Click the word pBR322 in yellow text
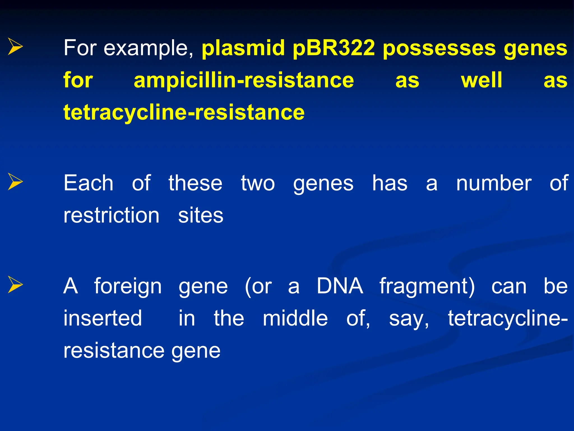click(x=334, y=48)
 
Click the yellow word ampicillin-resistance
click(x=244, y=80)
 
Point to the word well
click(x=482, y=80)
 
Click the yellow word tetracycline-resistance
click(x=184, y=112)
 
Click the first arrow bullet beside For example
click(x=15, y=47)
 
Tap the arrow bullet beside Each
click(x=15, y=182)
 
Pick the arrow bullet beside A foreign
click(x=15, y=285)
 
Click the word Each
click(x=88, y=183)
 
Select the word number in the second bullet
click(x=494, y=183)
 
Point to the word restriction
click(x=111, y=215)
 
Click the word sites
click(x=201, y=215)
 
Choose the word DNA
click(x=340, y=286)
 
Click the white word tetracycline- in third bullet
click(x=508, y=319)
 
